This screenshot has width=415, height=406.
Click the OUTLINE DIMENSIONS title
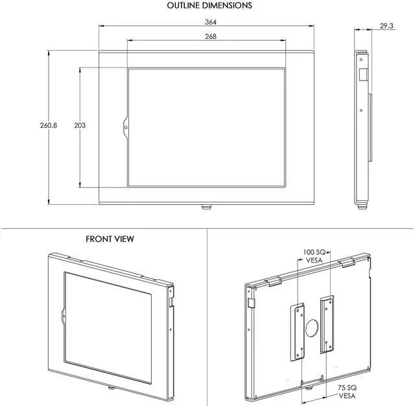pos(209,5)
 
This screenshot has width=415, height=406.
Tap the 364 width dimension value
pos(211,22)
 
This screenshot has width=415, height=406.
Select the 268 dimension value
pos(211,36)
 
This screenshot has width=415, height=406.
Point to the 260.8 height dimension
pos(49,125)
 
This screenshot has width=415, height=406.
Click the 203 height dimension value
pos(80,125)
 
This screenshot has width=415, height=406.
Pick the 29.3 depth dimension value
pos(386,26)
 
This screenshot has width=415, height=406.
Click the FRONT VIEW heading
pos(110,239)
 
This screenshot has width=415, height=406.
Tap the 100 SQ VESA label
pos(314,256)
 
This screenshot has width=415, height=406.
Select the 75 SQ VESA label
pos(347,392)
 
